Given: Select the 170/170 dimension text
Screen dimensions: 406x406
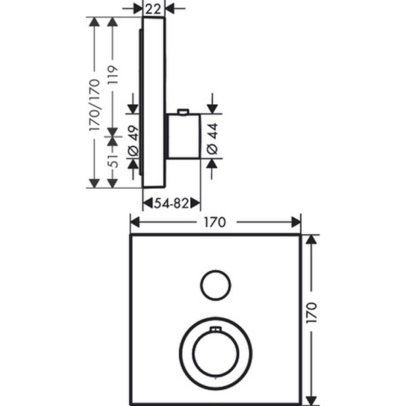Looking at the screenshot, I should click(x=94, y=105).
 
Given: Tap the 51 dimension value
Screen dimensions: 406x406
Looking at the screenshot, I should click(x=113, y=161).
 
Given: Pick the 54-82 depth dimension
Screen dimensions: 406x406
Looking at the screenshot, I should click(x=171, y=203).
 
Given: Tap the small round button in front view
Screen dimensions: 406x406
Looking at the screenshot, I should click(x=215, y=285).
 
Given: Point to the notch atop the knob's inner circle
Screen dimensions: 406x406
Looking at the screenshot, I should click(x=215, y=330).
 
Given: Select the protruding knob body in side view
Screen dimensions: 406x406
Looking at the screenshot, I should click(x=183, y=136).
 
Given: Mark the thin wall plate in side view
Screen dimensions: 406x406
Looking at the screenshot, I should click(x=154, y=101).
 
